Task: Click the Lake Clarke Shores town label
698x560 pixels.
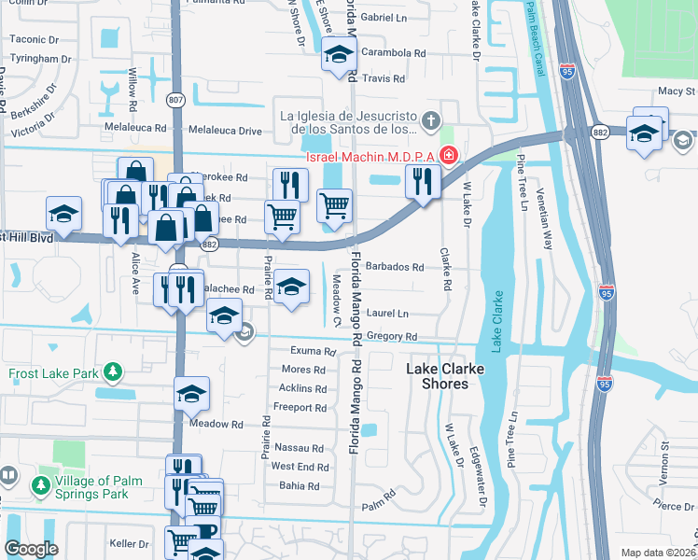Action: pos(445,377)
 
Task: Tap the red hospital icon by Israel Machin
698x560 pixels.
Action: pos(449,155)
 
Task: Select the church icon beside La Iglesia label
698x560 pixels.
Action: pos(430,119)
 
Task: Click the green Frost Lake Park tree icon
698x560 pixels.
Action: pos(113,372)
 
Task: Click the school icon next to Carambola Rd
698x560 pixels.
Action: pos(338,55)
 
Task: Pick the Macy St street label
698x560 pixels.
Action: pos(677,91)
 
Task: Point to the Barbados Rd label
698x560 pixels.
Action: pos(394,267)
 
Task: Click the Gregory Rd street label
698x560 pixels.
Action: pos(391,336)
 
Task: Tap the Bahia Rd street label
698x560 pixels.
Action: pos(299,486)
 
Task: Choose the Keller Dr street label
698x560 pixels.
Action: pos(130,543)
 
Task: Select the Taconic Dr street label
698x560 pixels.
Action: pos(34,40)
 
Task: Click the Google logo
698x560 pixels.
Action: pos(31,549)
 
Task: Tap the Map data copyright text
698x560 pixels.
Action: pos(658,553)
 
